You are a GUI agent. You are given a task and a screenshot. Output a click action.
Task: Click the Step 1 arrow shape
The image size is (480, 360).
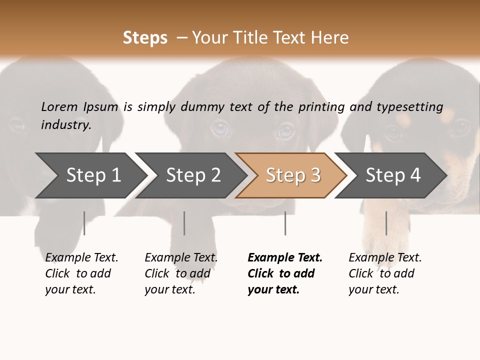tap(90, 175)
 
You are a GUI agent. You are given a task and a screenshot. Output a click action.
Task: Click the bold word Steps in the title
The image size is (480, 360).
tap(145, 38)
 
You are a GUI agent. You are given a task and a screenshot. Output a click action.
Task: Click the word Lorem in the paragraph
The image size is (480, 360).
tap(59, 106)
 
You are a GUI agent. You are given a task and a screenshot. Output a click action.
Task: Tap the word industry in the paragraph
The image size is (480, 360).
tap(65, 125)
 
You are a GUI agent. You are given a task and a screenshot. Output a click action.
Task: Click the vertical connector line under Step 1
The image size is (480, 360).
tap(84, 223)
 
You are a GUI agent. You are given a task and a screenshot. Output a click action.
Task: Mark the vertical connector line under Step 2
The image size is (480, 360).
tap(184, 223)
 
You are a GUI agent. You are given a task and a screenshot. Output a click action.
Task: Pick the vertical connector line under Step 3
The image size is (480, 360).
tap(285, 223)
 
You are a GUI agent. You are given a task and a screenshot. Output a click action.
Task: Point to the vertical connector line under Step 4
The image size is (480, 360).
tap(386, 223)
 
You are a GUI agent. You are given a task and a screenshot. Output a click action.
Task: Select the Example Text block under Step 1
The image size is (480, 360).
tap(81, 273)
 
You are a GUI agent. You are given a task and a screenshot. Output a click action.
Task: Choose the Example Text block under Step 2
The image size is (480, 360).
tap(180, 273)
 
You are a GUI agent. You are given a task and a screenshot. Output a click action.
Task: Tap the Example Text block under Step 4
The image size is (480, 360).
tap(384, 273)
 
